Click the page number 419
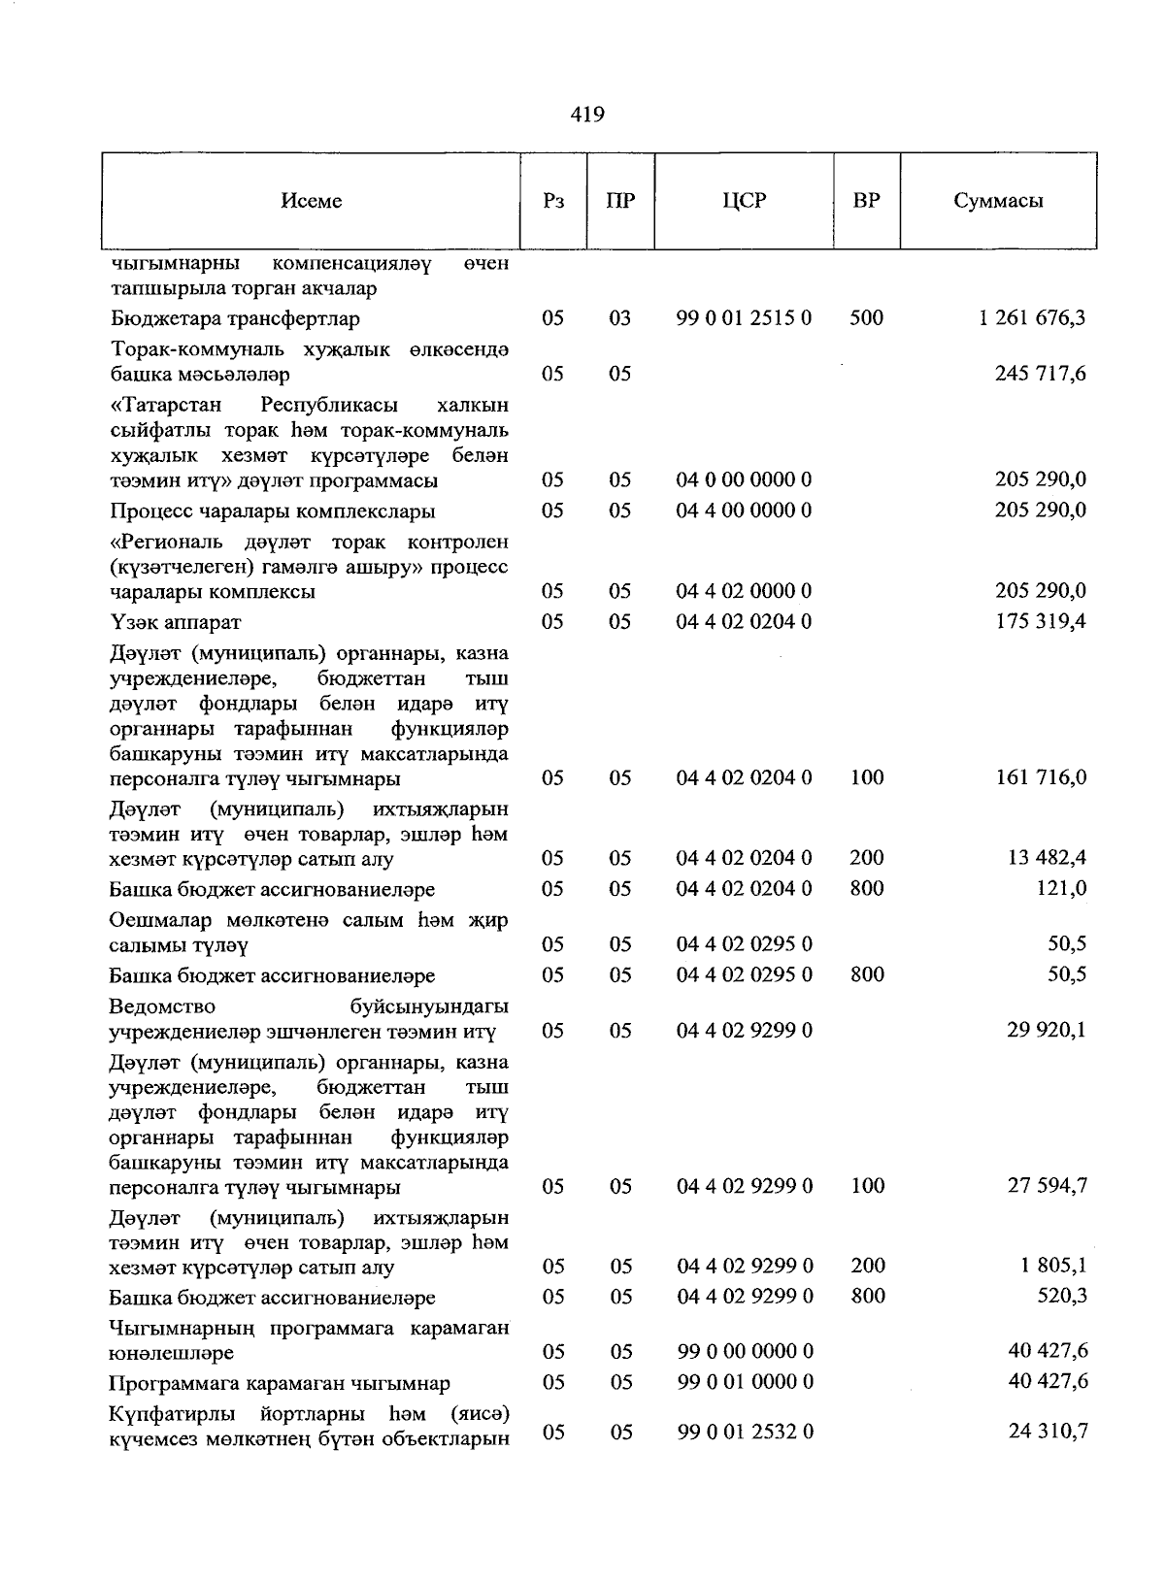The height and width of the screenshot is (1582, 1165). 587,115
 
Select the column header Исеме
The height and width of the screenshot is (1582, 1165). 311,201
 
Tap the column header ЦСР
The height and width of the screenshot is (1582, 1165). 744,201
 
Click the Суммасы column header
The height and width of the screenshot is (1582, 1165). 998,201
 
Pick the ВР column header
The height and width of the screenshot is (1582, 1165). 866,201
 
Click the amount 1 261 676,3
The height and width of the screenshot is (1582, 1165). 1033,318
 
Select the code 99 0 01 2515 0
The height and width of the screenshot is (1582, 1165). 745,318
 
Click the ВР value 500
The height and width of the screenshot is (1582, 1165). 866,318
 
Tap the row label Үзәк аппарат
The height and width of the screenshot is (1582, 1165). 176,622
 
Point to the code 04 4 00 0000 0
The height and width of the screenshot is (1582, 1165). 745,511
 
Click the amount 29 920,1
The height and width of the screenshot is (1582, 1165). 1046,1030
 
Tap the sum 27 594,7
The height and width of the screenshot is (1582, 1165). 1046,1186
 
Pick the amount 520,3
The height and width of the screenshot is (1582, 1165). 1061,1297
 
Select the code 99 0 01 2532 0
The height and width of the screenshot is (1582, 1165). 745,1432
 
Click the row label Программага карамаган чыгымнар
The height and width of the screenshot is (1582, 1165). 280,1383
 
